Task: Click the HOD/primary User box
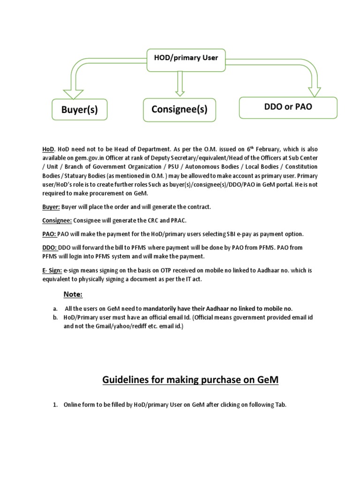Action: [186, 59]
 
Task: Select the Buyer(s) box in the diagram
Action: [79, 110]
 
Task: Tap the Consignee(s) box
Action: [180, 110]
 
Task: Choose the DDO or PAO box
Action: [288, 107]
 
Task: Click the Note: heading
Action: [73, 294]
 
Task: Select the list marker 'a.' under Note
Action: [55, 309]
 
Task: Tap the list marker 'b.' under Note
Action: [55, 317]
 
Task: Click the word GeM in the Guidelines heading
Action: [268, 380]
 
